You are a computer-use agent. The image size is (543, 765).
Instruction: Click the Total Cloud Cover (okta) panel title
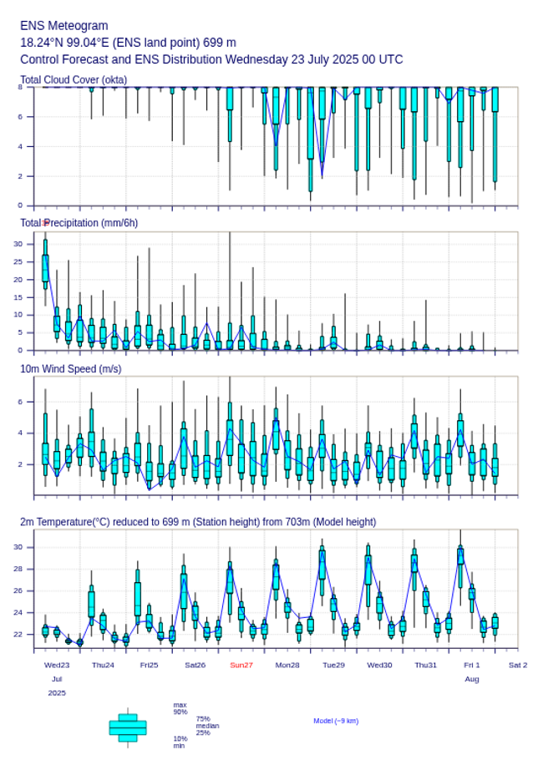pos(74,79)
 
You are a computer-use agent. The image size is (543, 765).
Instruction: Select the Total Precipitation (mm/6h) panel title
pos(79,222)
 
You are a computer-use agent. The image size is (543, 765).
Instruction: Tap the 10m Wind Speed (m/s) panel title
pos(71,368)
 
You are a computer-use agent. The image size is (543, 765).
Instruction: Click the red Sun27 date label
pos(241,665)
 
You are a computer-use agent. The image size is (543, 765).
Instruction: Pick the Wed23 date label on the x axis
pos(57,665)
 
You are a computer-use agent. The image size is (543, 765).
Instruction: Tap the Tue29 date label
pos(333,665)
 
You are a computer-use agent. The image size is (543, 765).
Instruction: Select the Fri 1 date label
pos(472,665)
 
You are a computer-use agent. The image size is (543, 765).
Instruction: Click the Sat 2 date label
pos(518,665)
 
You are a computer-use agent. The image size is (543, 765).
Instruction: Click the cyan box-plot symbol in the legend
pos(128,727)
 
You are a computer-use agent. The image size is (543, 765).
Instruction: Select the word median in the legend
pos(208,726)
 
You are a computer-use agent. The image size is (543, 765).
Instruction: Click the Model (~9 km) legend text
pos(336,721)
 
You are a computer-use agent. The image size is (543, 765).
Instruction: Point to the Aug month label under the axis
pos(472,679)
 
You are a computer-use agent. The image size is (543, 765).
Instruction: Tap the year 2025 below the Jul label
pos(57,693)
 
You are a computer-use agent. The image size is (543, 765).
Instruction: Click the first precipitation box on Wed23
pos(45,267)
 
